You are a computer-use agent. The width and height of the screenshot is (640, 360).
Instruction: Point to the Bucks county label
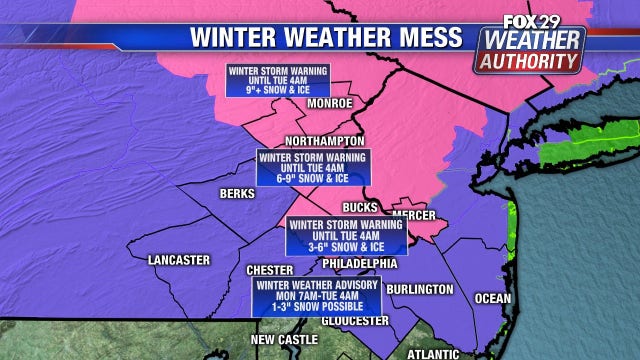coord(359,207)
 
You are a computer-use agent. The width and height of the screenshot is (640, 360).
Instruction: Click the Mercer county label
coord(414,215)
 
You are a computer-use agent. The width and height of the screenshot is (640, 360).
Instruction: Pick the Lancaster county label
coord(178,260)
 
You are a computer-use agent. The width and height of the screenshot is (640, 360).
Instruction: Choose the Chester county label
coord(269,271)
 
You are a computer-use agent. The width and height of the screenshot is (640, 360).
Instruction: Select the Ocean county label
coord(492,298)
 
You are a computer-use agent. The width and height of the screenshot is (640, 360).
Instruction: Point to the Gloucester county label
coord(353,320)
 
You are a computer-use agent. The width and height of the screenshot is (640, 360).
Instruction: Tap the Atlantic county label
coord(433,353)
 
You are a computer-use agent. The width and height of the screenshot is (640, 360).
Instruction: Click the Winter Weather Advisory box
coord(308,295)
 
